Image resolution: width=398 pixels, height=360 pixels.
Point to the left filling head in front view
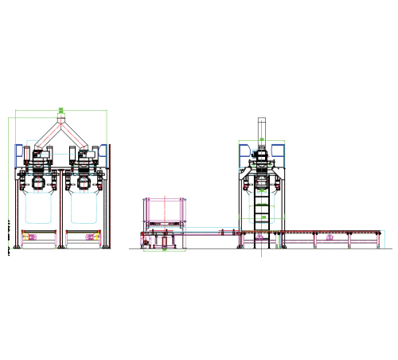point(38,182)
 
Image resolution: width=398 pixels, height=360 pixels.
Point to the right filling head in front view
point(84,182)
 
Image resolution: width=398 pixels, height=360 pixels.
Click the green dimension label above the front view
point(60,111)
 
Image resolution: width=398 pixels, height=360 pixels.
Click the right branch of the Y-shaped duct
point(75,137)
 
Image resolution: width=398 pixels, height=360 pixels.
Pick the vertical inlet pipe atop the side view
point(261,127)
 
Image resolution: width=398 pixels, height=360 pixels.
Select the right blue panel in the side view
point(278,151)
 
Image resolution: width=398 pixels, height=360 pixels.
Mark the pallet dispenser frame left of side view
point(164,215)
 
